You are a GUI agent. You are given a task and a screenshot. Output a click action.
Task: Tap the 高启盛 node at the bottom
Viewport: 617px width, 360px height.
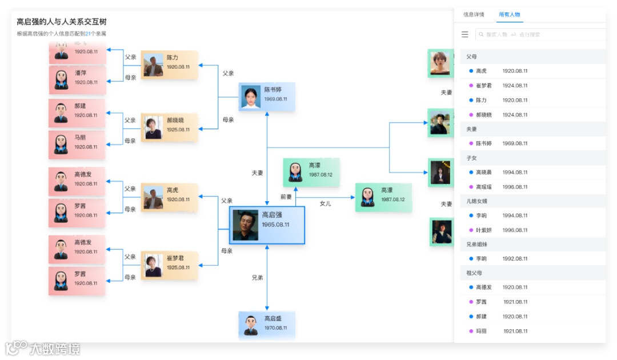(x=267, y=324)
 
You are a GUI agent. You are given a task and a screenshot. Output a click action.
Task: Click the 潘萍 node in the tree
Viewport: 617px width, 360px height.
(x=77, y=78)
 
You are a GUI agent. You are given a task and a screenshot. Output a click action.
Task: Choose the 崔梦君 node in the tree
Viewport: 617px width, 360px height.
(x=169, y=263)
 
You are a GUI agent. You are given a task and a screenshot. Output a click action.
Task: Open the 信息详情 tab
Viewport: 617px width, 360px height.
(x=474, y=15)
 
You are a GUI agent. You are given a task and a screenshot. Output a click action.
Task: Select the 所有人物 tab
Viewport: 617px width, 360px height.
(x=509, y=15)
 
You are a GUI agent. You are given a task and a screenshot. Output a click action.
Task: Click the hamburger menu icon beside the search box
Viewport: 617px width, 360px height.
(x=465, y=34)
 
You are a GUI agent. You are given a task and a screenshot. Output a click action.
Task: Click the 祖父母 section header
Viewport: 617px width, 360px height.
(x=474, y=273)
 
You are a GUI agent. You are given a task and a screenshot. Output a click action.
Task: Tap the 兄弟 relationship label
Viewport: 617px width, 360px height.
(x=257, y=278)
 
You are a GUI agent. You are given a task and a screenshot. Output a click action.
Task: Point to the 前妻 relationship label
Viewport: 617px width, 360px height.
(x=286, y=197)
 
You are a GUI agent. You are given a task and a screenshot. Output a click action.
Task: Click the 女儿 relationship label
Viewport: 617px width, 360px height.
(x=325, y=203)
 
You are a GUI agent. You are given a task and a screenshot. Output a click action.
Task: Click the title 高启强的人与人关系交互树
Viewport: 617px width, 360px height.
(x=62, y=22)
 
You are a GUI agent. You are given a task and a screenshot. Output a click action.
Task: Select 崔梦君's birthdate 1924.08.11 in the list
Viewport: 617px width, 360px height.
(x=515, y=86)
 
